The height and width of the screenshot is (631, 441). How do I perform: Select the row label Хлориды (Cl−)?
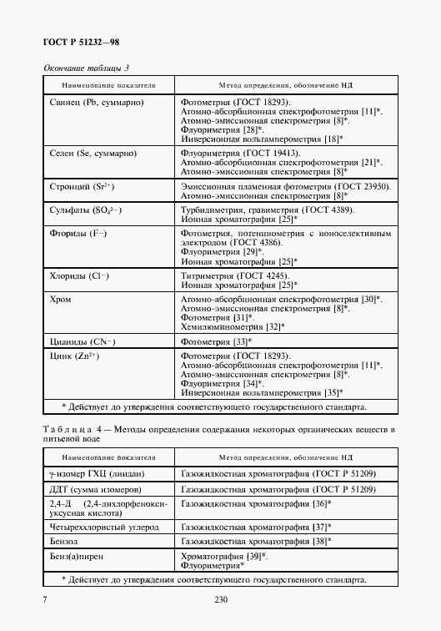coord(81,275)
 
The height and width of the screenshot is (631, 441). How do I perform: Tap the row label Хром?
coord(59,298)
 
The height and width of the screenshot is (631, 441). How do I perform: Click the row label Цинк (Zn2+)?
coord(76,356)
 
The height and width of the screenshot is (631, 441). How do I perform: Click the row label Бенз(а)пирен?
coord(79,555)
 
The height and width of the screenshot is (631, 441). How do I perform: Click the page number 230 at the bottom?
coord(221,599)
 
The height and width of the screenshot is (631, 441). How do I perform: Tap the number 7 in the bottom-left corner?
coord(44,599)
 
